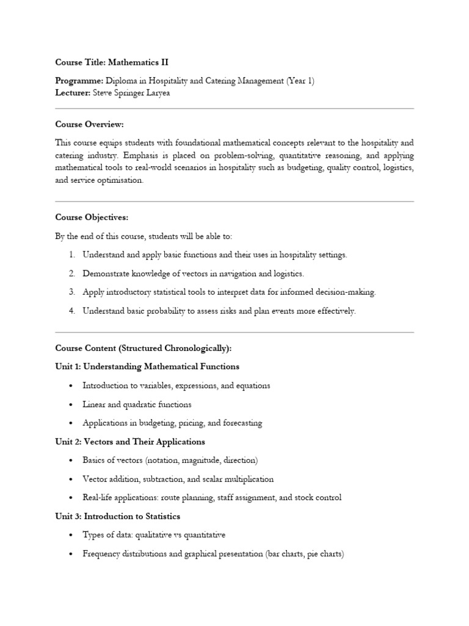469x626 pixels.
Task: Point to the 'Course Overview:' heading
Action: [x=89, y=125]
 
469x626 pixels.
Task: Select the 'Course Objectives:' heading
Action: [x=92, y=218]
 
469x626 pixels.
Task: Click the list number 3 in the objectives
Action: [x=71, y=292]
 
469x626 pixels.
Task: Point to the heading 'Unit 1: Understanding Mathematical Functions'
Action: [x=147, y=367]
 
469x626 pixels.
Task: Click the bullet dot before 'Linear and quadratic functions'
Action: [x=71, y=405]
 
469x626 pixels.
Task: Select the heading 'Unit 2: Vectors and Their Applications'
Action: [x=130, y=441]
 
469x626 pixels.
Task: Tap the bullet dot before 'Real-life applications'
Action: [x=71, y=498]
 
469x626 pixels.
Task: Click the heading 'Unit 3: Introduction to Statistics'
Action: [x=117, y=517]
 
